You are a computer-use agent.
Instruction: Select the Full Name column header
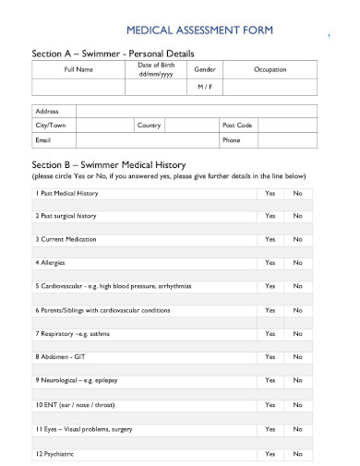tap(78, 70)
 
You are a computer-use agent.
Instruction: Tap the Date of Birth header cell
tap(155, 70)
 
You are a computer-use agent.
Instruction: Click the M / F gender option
tap(204, 87)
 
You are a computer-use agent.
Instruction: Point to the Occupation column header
tap(270, 70)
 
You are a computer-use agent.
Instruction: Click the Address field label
tap(48, 110)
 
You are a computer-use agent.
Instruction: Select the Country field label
tap(149, 125)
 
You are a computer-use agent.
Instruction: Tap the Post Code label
tap(236, 125)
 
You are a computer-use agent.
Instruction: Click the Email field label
tap(43, 140)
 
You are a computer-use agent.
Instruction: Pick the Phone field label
tap(231, 140)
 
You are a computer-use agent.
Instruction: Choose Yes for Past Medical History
tap(270, 193)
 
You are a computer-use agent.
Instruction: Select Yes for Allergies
tap(270, 263)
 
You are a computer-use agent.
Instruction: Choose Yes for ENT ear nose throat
tap(270, 405)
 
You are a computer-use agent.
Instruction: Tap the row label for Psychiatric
tap(55, 454)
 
